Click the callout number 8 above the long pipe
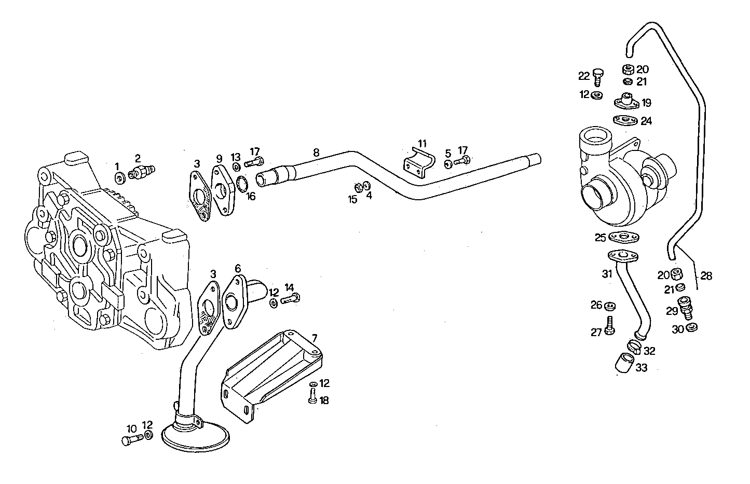pyautogui.click(x=316, y=153)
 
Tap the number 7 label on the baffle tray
pyautogui.click(x=315, y=338)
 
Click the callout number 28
pyautogui.click(x=706, y=276)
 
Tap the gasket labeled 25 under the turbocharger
pyautogui.click(x=624, y=238)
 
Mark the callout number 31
pyautogui.click(x=607, y=274)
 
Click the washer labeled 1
pyautogui.click(x=119, y=178)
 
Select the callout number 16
pyautogui.click(x=251, y=196)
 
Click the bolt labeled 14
pyautogui.click(x=290, y=299)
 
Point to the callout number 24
pyautogui.click(x=646, y=121)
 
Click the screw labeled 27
pyautogui.click(x=610, y=325)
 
